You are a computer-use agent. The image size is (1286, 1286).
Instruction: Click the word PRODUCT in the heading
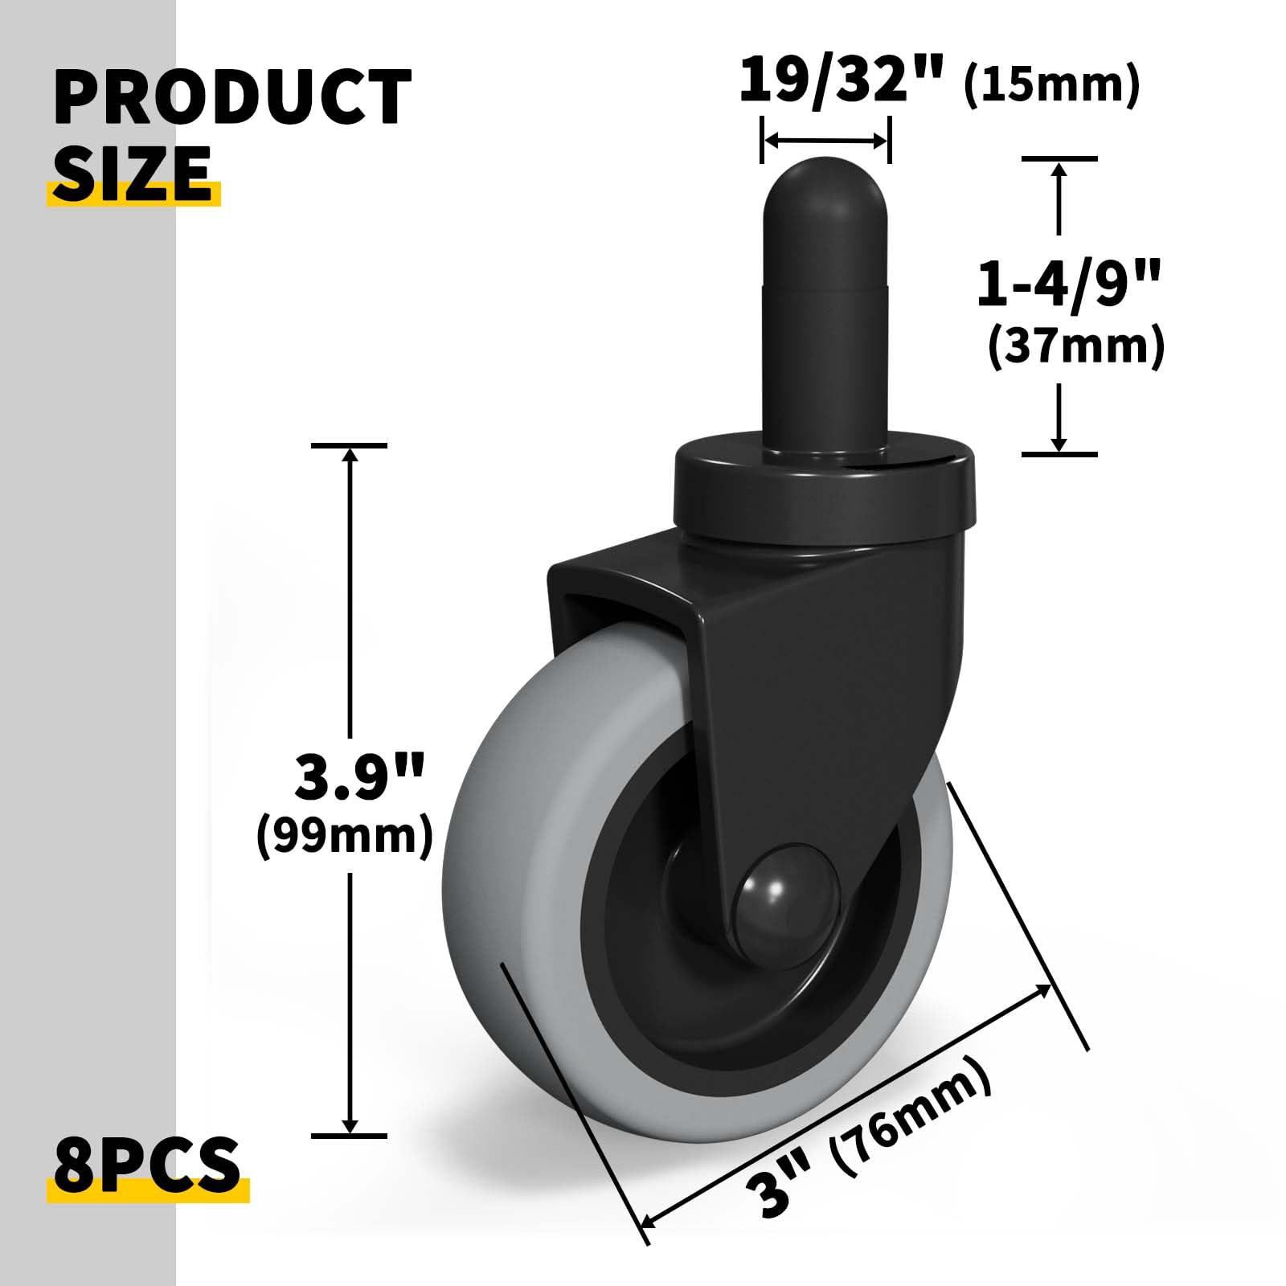pyautogui.click(x=232, y=97)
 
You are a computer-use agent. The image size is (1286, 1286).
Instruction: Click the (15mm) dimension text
pyautogui.click(x=1051, y=84)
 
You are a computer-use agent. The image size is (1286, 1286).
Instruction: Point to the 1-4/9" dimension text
pyautogui.click(x=1069, y=284)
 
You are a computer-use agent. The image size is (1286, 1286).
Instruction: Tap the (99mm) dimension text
pyautogui.click(x=344, y=836)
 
